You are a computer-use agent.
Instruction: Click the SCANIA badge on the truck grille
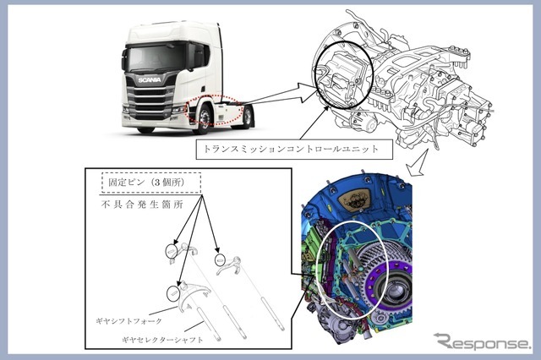150,79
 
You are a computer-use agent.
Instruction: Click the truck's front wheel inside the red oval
204,118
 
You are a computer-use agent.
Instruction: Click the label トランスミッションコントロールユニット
292,149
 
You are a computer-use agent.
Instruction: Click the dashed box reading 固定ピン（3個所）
151,183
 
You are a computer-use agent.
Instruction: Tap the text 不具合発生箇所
142,205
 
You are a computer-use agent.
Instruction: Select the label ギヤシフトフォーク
128,321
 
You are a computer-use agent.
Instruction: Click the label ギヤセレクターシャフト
162,340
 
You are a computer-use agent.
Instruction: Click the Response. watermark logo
482,341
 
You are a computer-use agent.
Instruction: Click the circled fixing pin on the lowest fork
173,292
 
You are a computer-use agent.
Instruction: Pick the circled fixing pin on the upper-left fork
172,251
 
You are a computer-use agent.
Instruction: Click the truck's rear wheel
247,117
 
